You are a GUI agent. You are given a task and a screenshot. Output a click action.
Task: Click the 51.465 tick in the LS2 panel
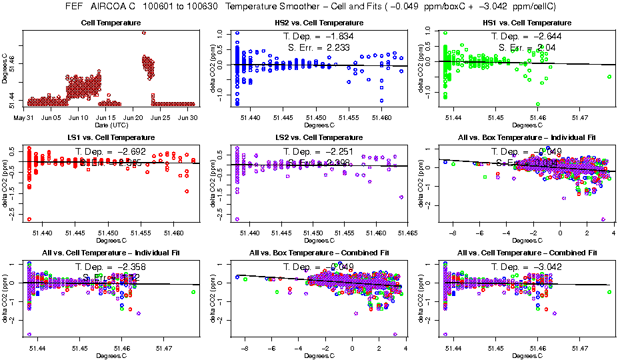406,233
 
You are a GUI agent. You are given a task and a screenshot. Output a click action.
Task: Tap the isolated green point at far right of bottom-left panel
193,292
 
